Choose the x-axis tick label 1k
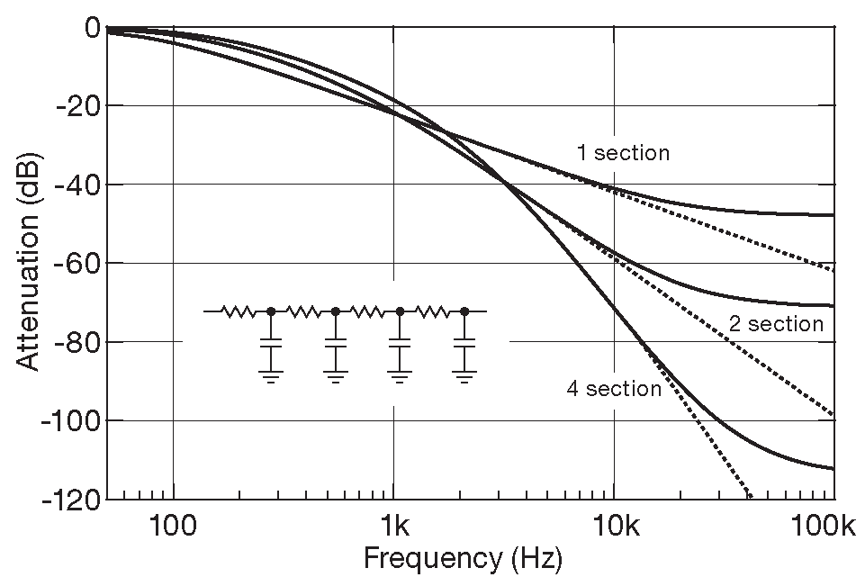click(x=393, y=524)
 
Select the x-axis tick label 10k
click(x=613, y=524)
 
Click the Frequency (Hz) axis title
click(x=463, y=560)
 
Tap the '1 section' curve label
click(x=623, y=153)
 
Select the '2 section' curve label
click(x=776, y=323)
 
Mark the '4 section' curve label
click(x=614, y=389)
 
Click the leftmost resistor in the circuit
click(x=239, y=311)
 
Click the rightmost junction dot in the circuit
click(x=464, y=311)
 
